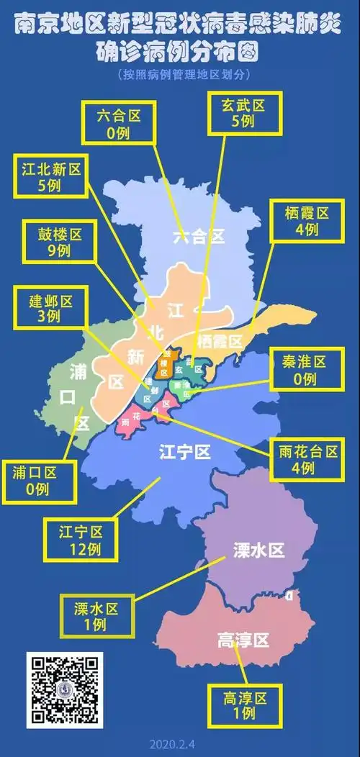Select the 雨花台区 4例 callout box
pos(307,459)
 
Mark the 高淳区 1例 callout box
pos(245,705)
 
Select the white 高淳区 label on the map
pos(243,640)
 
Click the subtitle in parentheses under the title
pos(180,75)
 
